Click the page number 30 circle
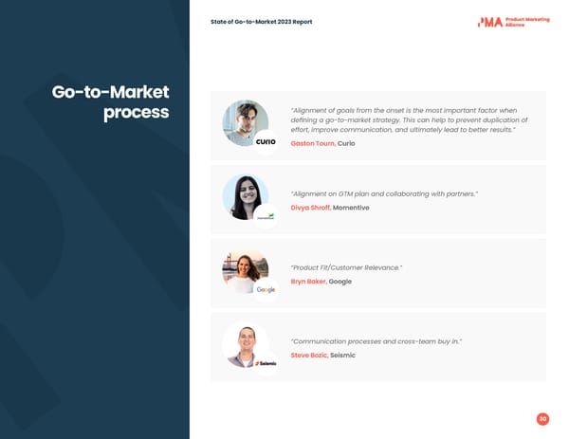542,419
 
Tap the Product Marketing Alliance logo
513,22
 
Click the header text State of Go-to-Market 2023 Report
261,22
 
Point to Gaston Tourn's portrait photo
244,121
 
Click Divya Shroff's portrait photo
244,195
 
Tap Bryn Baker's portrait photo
244,269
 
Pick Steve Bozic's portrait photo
244,343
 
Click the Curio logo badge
266,142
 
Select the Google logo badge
266,289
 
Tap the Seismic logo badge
266,363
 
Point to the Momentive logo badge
266,216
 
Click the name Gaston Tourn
312,143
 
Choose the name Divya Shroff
310,208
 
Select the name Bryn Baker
308,282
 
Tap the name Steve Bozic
308,355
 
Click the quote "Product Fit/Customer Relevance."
346,268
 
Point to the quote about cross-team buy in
376,341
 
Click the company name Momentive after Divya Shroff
351,208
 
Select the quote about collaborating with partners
384,193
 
